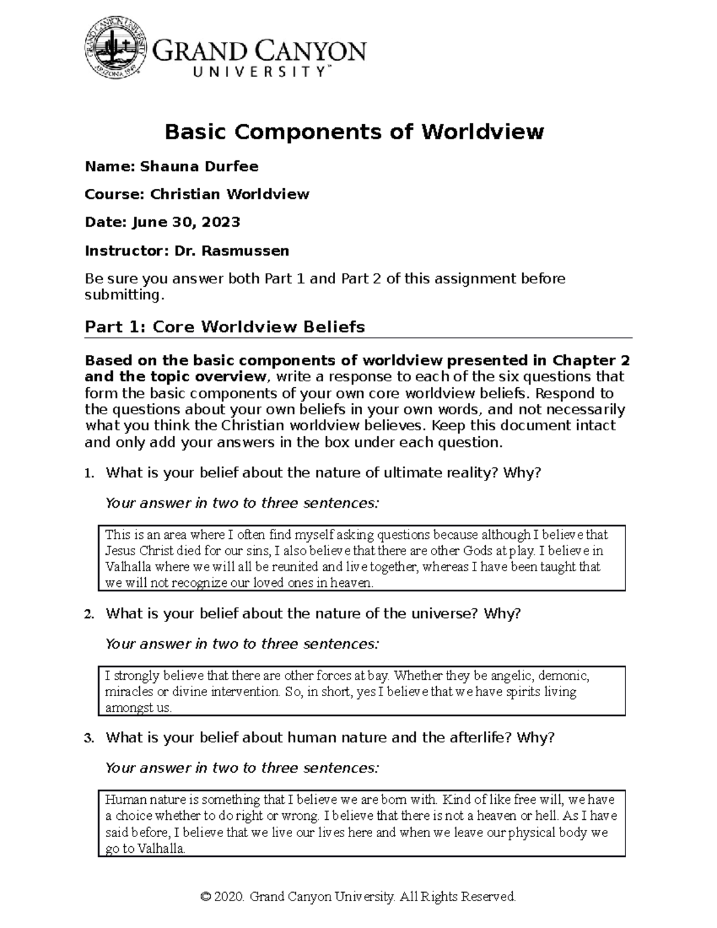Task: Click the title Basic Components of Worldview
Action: [354, 131]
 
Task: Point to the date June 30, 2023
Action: [186, 222]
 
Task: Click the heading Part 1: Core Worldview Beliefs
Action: [225, 327]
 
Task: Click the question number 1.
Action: [89, 474]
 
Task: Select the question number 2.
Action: [89, 614]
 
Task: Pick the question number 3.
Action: [89, 739]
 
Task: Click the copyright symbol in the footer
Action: [207, 896]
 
